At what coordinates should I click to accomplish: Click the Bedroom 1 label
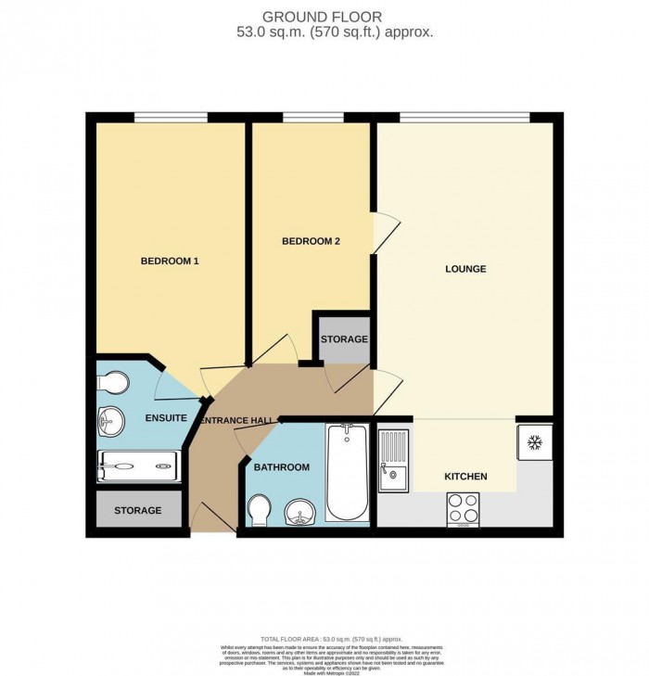pyautogui.click(x=170, y=261)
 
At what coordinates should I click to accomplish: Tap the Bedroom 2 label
pyautogui.click(x=311, y=241)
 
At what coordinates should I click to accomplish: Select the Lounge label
pyautogui.click(x=465, y=269)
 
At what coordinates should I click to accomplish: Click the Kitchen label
pyautogui.click(x=465, y=476)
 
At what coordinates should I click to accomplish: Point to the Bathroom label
pyautogui.click(x=281, y=467)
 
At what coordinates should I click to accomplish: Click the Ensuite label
pyautogui.click(x=166, y=418)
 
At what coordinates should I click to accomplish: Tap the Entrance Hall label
pyautogui.click(x=236, y=421)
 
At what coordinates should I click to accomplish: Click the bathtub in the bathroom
pyautogui.click(x=347, y=473)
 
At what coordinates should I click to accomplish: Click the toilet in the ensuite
pyautogui.click(x=115, y=382)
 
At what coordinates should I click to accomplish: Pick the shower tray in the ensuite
pyautogui.click(x=139, y=466)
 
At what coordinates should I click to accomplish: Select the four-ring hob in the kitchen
pyautogui.click(x=464, y=507)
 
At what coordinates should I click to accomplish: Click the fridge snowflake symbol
pyautogui.click(x=534, y=443)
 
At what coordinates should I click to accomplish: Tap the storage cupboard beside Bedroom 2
pyautogui.click(x=344, y=339)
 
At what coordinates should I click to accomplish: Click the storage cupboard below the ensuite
pyautogui.click(x=138, y=511)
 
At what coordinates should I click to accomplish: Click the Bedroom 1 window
pyautogui.click(x=171, y=117)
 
